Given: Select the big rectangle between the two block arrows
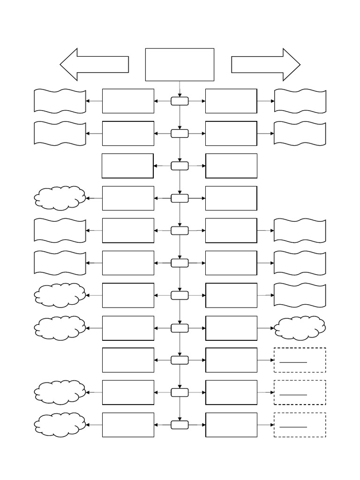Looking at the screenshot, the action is pyautogui.click(x=180, y=65).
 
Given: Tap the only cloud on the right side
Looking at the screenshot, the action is pyautogui.click(x=300, y=328).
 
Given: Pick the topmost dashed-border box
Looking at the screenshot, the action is pyautogui.click(x=300, y=360).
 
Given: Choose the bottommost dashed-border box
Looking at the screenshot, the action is pyautogui.click(x=300, y=425).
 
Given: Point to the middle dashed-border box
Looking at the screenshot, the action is pyautogui.click(x=300, y=392).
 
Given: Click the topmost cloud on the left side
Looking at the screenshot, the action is pyautogui.click(x=60, y=198).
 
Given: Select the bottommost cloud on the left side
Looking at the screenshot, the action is pyautogui.click(x=60, y=425).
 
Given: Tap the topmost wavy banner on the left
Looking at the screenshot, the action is pyautogui.click(x=60, y=101).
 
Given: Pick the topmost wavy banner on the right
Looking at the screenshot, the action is pyautogui.click(x=300, y=101).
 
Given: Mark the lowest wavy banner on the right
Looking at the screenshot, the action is pyautogui.click(x=300, y=295).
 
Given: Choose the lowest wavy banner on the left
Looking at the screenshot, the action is pyautogui.click(x=60, y=263).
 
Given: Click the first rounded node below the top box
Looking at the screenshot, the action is pyautogui.click(x=180, y=101).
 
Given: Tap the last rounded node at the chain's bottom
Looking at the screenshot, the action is pyautogui.click(x=180, y=425).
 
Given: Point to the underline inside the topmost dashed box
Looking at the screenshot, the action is pyautogui.click(x=293, y=362).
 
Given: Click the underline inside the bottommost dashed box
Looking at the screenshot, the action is pyautogui.click(x=293, y=427).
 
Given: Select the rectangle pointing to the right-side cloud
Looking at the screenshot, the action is pyautogui.click(x=231, y=328).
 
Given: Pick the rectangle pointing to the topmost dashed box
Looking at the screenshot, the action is pyautogui.click(x=231, y=360).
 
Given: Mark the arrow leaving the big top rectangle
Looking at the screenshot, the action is pyautogui.click(x=180, y=89).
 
